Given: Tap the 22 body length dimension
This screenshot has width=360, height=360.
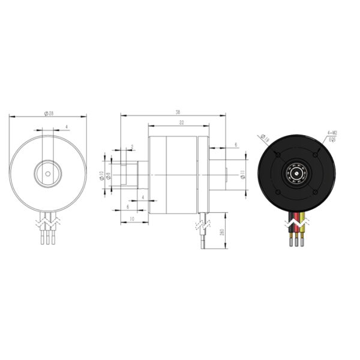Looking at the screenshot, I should click(181, 122).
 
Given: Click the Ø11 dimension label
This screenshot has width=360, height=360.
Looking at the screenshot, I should click(242, 175).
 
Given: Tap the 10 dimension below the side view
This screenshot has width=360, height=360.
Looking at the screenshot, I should click(131, 219).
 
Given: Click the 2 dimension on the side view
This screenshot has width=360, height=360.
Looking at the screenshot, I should click(131, 147).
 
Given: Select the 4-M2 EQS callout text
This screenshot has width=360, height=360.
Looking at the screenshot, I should click(332, 136).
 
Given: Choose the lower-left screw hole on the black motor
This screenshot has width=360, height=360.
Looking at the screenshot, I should click(277, 192).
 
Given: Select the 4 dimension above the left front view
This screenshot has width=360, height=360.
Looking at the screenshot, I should click(66, 127).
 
